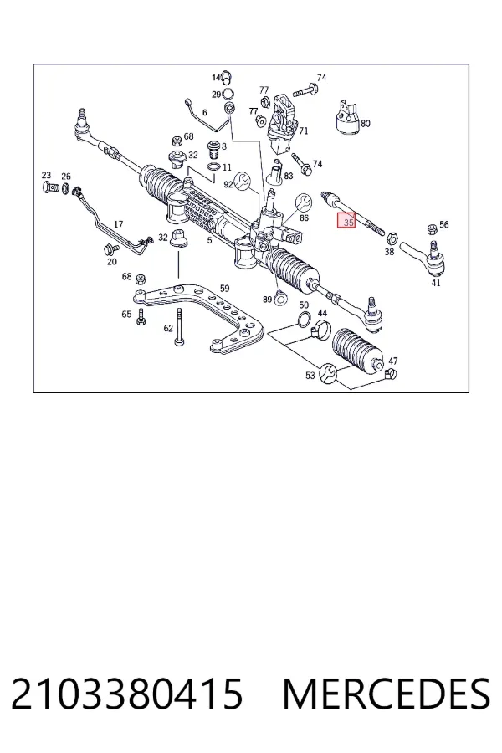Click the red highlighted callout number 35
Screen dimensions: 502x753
coord(346,221)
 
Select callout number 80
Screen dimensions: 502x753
coord(366,124)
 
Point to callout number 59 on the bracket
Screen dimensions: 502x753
coord(224,289)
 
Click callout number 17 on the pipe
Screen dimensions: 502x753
coord(118,224)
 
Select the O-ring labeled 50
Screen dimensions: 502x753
coord(304,319)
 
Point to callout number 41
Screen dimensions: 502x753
coord(435,283)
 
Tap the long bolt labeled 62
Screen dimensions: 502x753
coord(179,326)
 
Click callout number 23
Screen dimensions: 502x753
coord(46,176)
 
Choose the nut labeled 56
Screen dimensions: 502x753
coord(432,228)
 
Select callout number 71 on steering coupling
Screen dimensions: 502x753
coord(303,131)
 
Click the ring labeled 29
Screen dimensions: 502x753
coord(229,94)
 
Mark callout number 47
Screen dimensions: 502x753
coord(393,361)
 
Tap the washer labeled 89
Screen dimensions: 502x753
coord(280,300)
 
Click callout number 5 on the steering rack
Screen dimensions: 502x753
coord(209,240)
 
